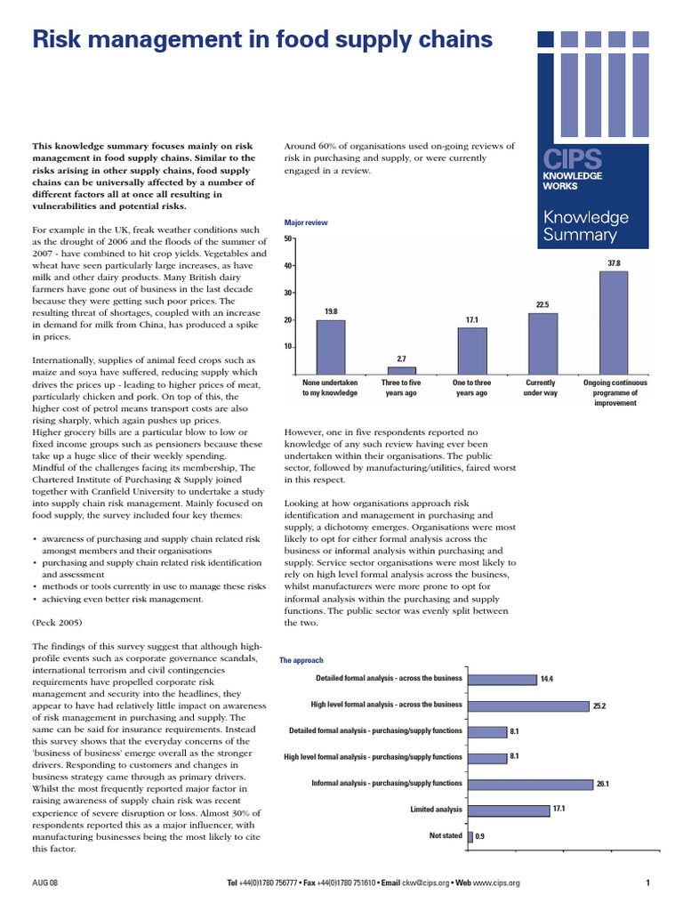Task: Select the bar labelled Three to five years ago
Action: coord(401,370)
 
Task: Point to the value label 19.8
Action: coord(331,311)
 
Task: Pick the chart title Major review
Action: coord(305,222)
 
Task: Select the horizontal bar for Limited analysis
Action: coord(509,810)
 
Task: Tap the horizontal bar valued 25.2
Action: coord(528,705)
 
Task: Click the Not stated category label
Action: coord(446,836)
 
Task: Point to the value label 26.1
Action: coord(602,784)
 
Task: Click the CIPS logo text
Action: coord(572,161)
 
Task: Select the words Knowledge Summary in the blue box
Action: coord(585,226)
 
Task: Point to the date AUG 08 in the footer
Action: coord(45,883)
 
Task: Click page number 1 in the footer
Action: coord(647,883)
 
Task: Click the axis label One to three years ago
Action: coord(471,387)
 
